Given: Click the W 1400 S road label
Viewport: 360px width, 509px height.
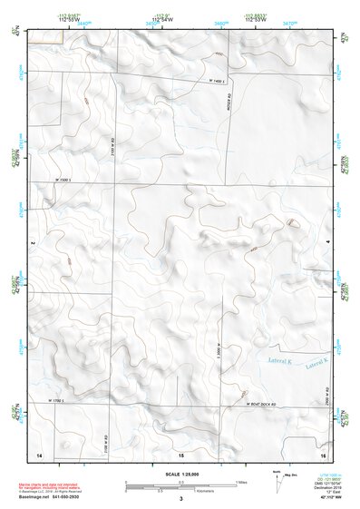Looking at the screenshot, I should coord(216,83).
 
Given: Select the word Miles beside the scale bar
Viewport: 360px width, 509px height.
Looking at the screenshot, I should coord(241,481).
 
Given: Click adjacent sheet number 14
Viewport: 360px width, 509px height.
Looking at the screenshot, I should coord(38,452).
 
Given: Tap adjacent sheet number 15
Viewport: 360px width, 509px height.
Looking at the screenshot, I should coord(180,452).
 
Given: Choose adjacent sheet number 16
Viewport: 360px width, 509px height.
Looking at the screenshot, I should coord(322,452).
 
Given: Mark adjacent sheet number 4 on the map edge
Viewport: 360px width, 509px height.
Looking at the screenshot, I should coord(327,243).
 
